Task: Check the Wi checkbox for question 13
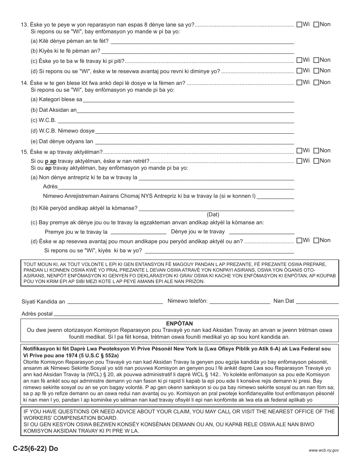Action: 299,25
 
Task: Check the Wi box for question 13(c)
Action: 299,60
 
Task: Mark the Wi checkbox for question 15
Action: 299,151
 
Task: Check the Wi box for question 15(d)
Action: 299,241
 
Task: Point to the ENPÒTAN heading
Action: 180,324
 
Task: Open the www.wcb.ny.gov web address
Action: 324,450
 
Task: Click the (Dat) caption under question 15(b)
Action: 213,214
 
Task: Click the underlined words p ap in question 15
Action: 51,161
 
